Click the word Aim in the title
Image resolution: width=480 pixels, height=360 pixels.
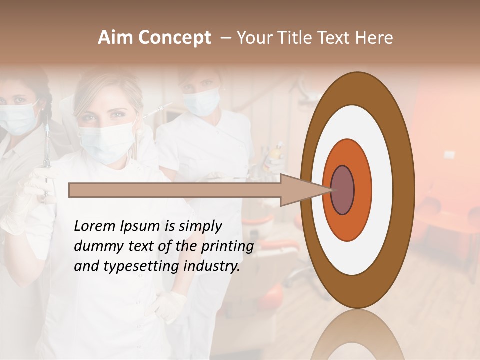[x=116, y=38]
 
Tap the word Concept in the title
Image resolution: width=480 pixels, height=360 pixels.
[x=174, y=38]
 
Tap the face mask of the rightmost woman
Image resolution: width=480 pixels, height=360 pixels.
[x=201, y=101]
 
